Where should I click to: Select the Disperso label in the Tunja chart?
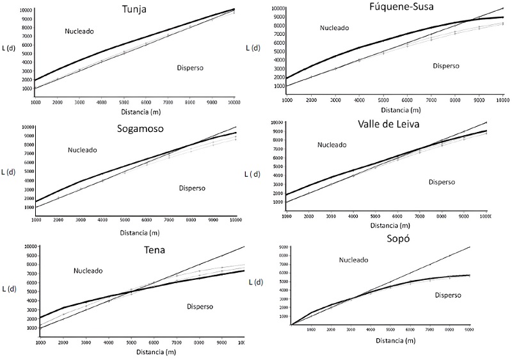(190, 67)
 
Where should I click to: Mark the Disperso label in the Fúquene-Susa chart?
(447, 65)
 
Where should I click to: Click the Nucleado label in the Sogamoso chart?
(83, 150)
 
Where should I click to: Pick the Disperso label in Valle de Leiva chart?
(442, 182)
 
